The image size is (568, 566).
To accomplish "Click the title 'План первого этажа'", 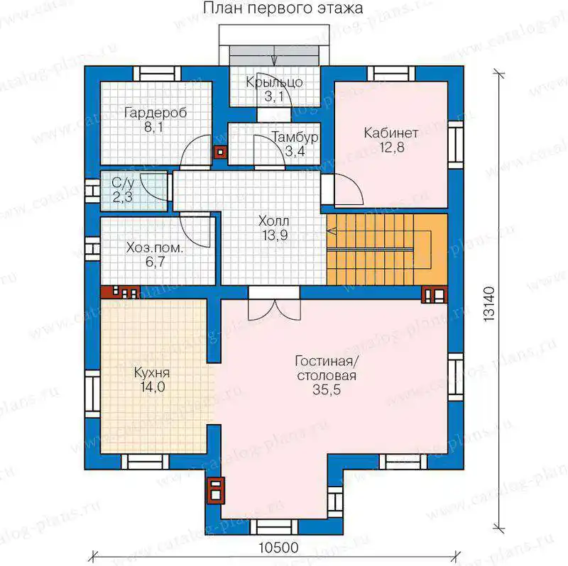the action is tap(283, 9).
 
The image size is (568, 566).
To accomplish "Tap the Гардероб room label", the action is tap(155, 113).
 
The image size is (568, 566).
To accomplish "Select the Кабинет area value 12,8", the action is tap(392, 148).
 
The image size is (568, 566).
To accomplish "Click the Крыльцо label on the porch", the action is tap(274, 82).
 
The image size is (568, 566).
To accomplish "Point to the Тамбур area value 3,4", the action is tap(295, 151).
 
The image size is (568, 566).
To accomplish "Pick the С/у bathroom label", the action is tap(122, 183).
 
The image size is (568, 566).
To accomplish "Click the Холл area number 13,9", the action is tap(275, 235).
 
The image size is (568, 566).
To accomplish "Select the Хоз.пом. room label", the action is tap(155, 248).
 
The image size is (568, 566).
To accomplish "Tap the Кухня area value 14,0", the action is tap(153, 387).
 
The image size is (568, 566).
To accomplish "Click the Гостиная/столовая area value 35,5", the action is tap(327, 390).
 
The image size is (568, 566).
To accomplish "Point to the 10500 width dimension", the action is tap(278, 548).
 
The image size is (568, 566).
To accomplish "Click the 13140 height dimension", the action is tap(488, 304).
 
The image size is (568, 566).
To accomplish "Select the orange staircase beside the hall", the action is tap(387, 250).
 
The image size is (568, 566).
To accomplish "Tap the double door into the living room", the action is tap(274, 304).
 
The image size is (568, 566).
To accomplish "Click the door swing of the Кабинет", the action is tap(348, 190).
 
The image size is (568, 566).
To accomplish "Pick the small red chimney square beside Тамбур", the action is tap(220, 152).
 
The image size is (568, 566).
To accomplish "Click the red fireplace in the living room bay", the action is tap(216, 490).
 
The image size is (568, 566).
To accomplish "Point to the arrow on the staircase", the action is tap(332, 231).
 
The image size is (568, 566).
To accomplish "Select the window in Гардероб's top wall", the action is tap(157, 74).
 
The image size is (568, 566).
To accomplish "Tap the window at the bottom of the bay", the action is tap(274, 527).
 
